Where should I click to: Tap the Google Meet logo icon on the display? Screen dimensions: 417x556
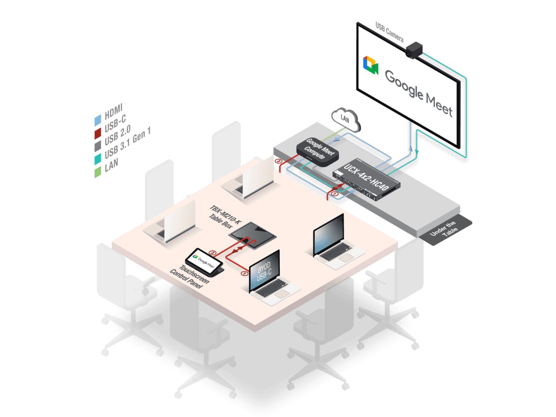pyautogui.click(x=371, y=65)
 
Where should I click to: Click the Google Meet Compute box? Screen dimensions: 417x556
pyautogui.click(x=318, y=151)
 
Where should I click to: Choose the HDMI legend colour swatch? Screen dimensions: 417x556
pyautogui.click(x=98, y=120)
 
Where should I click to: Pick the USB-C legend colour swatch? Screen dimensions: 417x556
pyautogui.click(x=98, y=133)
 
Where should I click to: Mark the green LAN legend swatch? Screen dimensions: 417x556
pyautogui.click(x=98, y=171)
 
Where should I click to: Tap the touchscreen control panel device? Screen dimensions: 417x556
pyautogui.click(x=204, y=262)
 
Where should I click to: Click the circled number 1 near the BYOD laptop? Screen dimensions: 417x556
pyautogui.click(x=244, y=274)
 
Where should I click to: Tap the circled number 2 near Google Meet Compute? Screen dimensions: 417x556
pyautogui.click(x=279, y=161)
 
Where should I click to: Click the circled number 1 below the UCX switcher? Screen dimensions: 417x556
pyautogui.click(x=334, y=193)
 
